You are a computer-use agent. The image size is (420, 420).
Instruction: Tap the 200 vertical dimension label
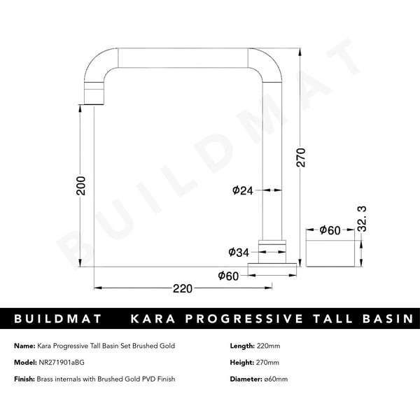81,185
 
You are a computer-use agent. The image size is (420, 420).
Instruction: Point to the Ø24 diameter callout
241,190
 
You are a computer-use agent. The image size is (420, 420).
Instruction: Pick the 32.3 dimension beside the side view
362,219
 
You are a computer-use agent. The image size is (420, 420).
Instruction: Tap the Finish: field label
24,379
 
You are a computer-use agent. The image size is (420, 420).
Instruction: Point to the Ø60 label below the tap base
229,275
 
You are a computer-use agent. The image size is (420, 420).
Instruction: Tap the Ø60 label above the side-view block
330,230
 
